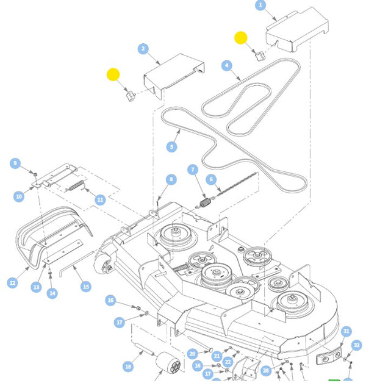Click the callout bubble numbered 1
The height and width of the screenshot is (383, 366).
pyautogui.click(x=261, y=5)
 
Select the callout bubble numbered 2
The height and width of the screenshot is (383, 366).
pyautogui.click(x=143, y=49)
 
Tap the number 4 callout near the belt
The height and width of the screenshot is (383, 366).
pyautogui.click(x=226, y=65)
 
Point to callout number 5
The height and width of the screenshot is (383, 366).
pyautogui.click(x=171, y=147)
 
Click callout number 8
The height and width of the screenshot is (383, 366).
pyautogui.click(x=171, y=180)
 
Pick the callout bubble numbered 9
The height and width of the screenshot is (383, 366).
pyautogui.click(x=16, y=163)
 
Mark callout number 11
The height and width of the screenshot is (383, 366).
pyautogui.click(x=101, y=199)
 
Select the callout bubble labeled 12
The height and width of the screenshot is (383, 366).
pyautogui.click(x=12, y=283)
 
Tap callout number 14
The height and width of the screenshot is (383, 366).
pyautogui.click(x=52, y=293)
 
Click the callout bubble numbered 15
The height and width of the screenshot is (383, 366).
pyautogui.click(x=85, y=286)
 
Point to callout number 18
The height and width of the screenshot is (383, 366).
pyautogui.click(x=128, y=367)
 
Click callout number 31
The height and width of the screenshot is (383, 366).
pyautogui.click(x=346, y=331)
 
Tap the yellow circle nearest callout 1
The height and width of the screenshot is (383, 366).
pyautogui.click(x=240, y=38)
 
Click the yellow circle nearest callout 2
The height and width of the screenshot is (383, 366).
pyautogui.click(x=113, y=75)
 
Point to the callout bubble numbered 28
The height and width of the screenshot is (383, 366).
pyautogui.click(x=266, y=370)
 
